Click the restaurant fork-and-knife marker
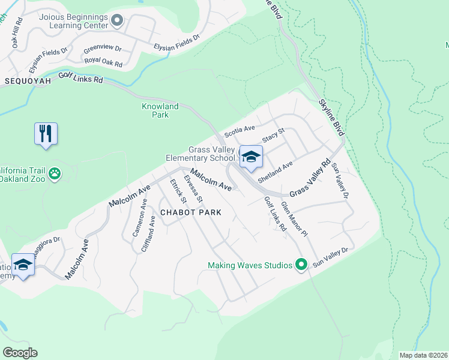[x=46, y=134]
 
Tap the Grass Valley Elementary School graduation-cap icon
[x=251, y=157]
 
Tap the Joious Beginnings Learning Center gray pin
[x=117, y=21]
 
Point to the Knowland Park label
[x=160, y=110]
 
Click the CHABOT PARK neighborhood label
[x=190, y=212]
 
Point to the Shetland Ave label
[x=274, y=172]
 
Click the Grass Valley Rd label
[x=310, y=178]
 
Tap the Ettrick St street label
[x=177, y=191]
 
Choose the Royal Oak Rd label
[x=103, y=62]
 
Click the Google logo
[x=20, y=352]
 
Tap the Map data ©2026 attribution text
[x=423, y=355]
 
